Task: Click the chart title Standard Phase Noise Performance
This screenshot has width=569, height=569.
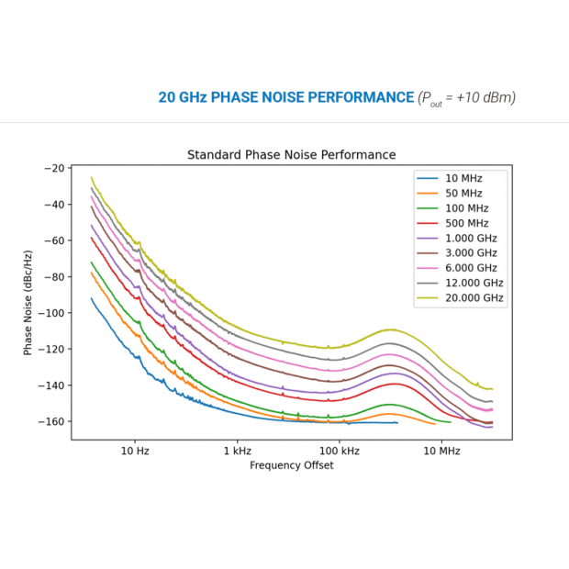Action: click(291, 154)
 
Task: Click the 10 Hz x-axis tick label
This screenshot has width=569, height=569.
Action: click(135, 451)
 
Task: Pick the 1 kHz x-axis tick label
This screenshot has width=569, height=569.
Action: click(237, 451)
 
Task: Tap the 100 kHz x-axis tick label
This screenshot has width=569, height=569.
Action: click(339, 451)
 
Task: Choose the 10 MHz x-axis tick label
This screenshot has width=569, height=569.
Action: click(441, 451)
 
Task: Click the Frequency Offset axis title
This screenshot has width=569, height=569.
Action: click(291, 465)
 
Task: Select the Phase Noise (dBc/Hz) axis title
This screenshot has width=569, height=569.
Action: click(28, 303)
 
